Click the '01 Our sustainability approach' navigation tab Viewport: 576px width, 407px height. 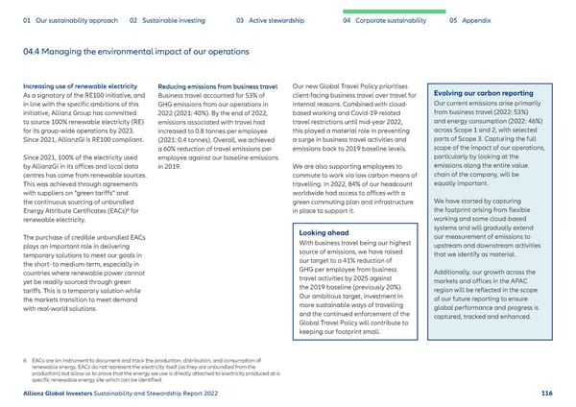coord(66,19)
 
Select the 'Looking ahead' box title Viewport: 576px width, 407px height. coord(324,206)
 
